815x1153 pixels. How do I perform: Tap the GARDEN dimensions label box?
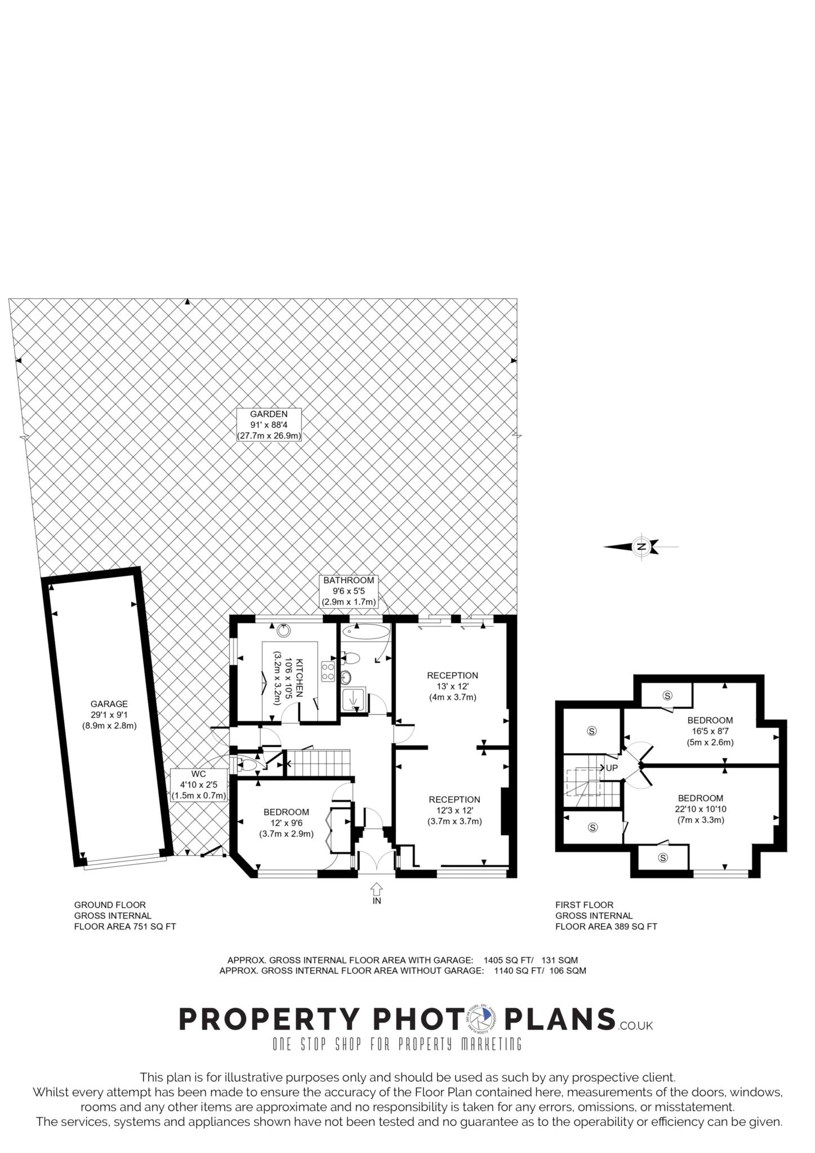point(269,424)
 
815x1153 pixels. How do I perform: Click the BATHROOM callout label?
point(349,591)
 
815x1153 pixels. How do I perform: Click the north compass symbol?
point(640,546)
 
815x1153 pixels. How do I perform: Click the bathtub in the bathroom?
point(366,631)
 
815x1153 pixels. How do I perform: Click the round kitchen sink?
point(283,631)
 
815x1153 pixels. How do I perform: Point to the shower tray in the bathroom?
point(354,699)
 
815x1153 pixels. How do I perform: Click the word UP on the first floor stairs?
point(612,768)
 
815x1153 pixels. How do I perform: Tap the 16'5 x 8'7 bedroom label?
point(710,731)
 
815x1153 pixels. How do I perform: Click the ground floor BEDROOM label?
point(286,823)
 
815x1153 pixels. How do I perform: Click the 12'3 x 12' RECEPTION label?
point(455,810)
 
